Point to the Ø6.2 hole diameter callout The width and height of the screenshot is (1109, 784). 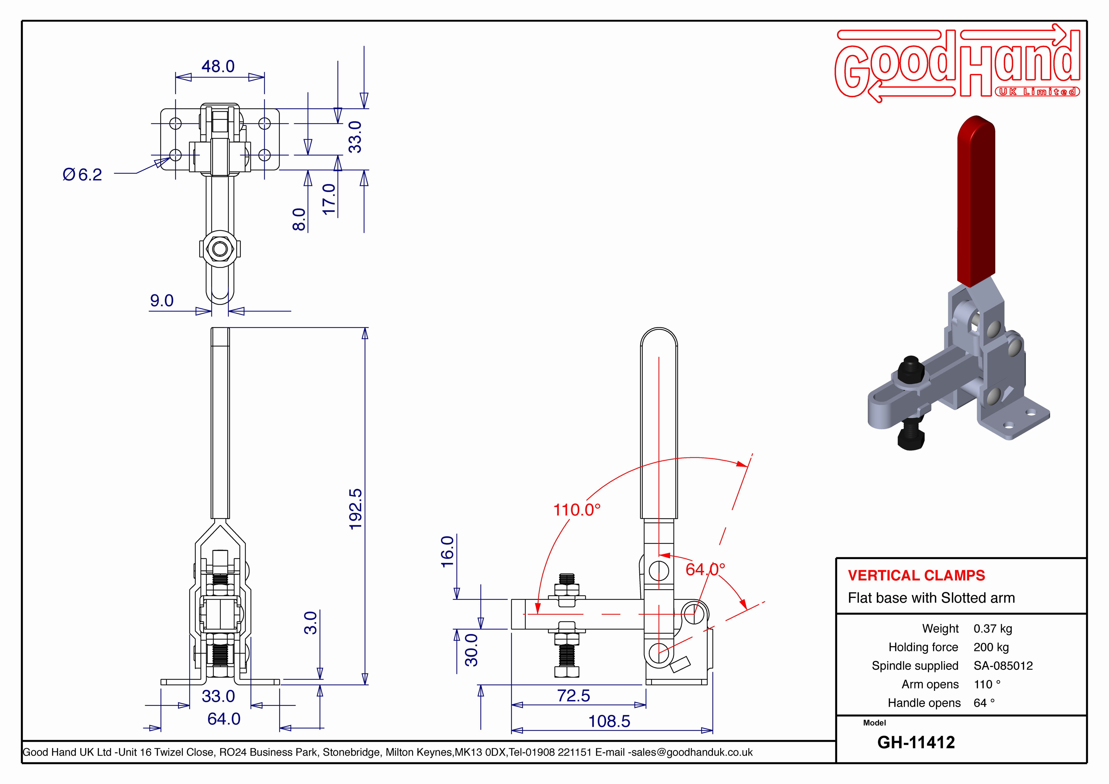click(x=82, y=174)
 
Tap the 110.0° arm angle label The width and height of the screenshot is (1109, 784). click(x=577, y=509)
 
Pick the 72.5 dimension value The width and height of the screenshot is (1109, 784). click(x=573, y=695)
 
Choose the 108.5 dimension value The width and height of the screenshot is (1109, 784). click(x=609, y=721)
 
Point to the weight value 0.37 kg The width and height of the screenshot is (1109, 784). click(x=993, y=629)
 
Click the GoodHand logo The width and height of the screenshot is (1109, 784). click(x=957, y=63)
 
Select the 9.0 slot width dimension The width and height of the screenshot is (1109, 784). click(x=162, y=301)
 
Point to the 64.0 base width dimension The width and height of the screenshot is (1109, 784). click(x=224, y=719)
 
